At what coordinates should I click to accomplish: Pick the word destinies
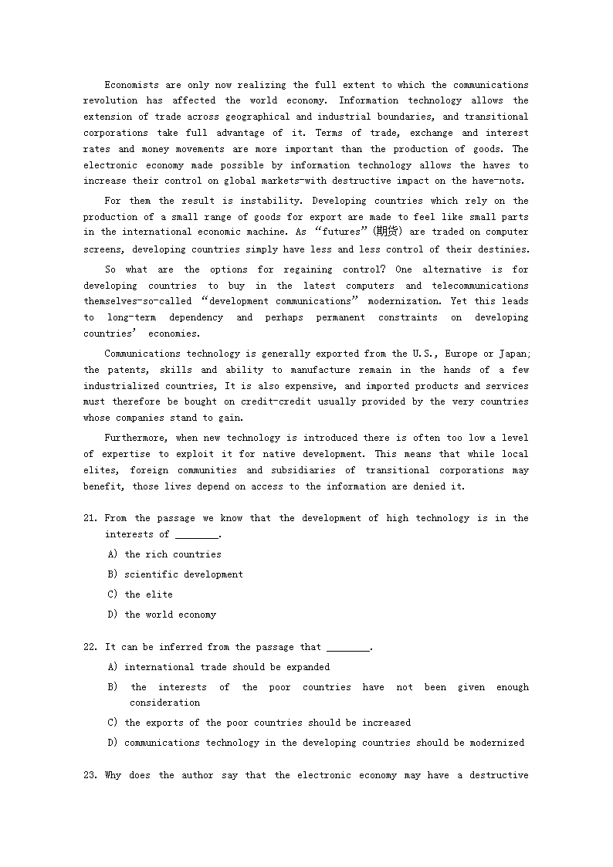[x=501, y=249]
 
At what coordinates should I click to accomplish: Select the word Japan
[x=513, y=354]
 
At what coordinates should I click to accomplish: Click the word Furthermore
[x=135, y=438]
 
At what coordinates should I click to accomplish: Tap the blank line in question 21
[x=197, y=535]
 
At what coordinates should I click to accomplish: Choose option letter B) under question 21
[x=113, y=574]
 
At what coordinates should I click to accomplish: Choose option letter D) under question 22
[x=113, y=743]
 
